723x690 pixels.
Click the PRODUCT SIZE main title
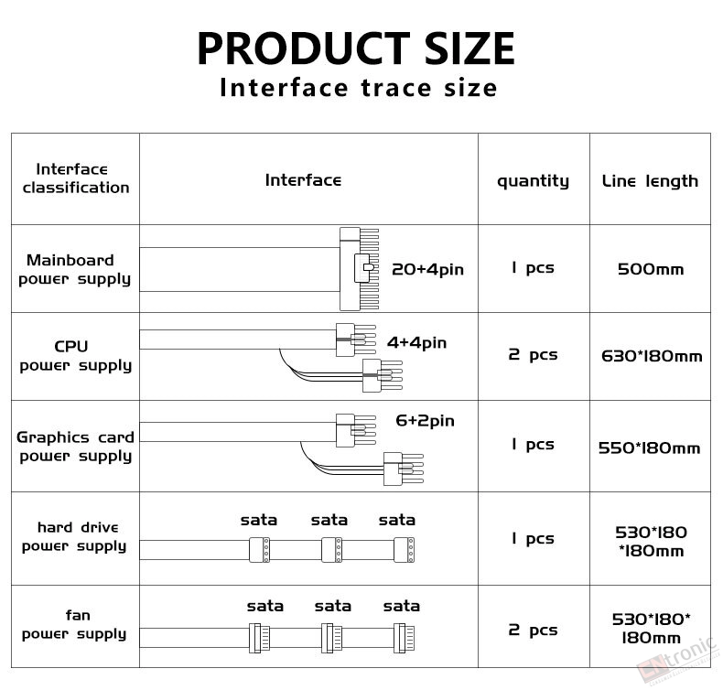(x=356, y=49)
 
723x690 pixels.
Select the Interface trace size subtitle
(x=358, y=89)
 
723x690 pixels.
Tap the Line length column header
(x=650, y=181)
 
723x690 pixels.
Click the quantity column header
(x=533, y=181)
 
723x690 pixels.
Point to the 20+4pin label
(x=427, y=270)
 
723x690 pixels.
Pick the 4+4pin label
(x=416, y=343)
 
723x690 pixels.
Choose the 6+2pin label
(x=425, y=421)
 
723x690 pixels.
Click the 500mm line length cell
(x=650, y=270)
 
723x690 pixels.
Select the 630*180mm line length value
(x=652, y=355)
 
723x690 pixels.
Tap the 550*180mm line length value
(x=649, y=448)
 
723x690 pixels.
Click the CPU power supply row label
(x=73, y=356)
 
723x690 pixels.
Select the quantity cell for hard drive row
(x=533, y=538)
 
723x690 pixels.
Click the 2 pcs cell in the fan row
(x=533, y=630)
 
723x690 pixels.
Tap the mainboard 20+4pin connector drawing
(x=358, y=269)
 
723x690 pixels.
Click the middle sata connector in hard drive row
(x=331, y=549)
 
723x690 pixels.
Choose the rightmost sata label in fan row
(x=401, y=606)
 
